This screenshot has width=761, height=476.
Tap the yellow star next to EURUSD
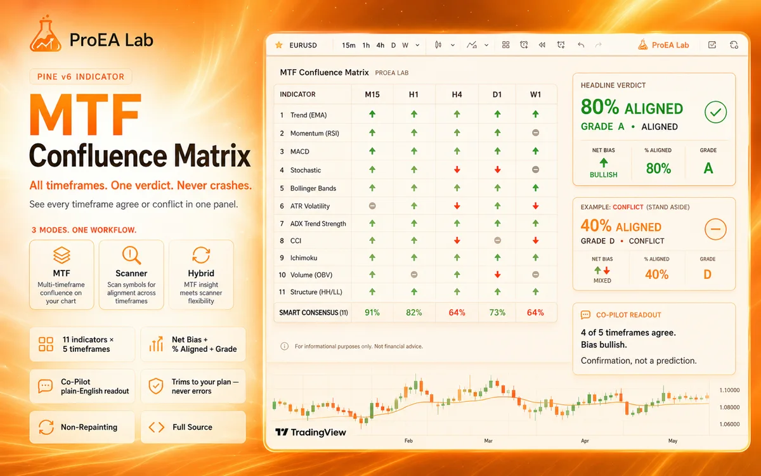[x=279, y=45]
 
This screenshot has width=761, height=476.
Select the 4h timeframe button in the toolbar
[x=380, y=45]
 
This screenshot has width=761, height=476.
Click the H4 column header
[x=457, y=94]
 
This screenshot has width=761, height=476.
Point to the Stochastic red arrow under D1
[x=497, y=169]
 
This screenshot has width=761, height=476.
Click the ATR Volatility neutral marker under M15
[x=372, y=206]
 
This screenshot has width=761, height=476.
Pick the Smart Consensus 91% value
[x=372, y=312]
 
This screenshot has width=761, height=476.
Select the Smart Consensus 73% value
[x=497, y=312]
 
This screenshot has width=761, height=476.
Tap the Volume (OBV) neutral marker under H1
[x=413, y=274]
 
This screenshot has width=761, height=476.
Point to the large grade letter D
[x=707, y=274]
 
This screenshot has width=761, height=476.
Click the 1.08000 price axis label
[x=729, y=407]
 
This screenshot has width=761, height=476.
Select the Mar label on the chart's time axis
[x=488, y=441]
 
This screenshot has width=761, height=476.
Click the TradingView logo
[x=311, y=432]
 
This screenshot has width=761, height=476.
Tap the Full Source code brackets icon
[x=157, y=427]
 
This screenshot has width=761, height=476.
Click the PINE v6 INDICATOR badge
[x=81, y=77]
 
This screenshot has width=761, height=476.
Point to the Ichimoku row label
[x=303, y=258]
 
